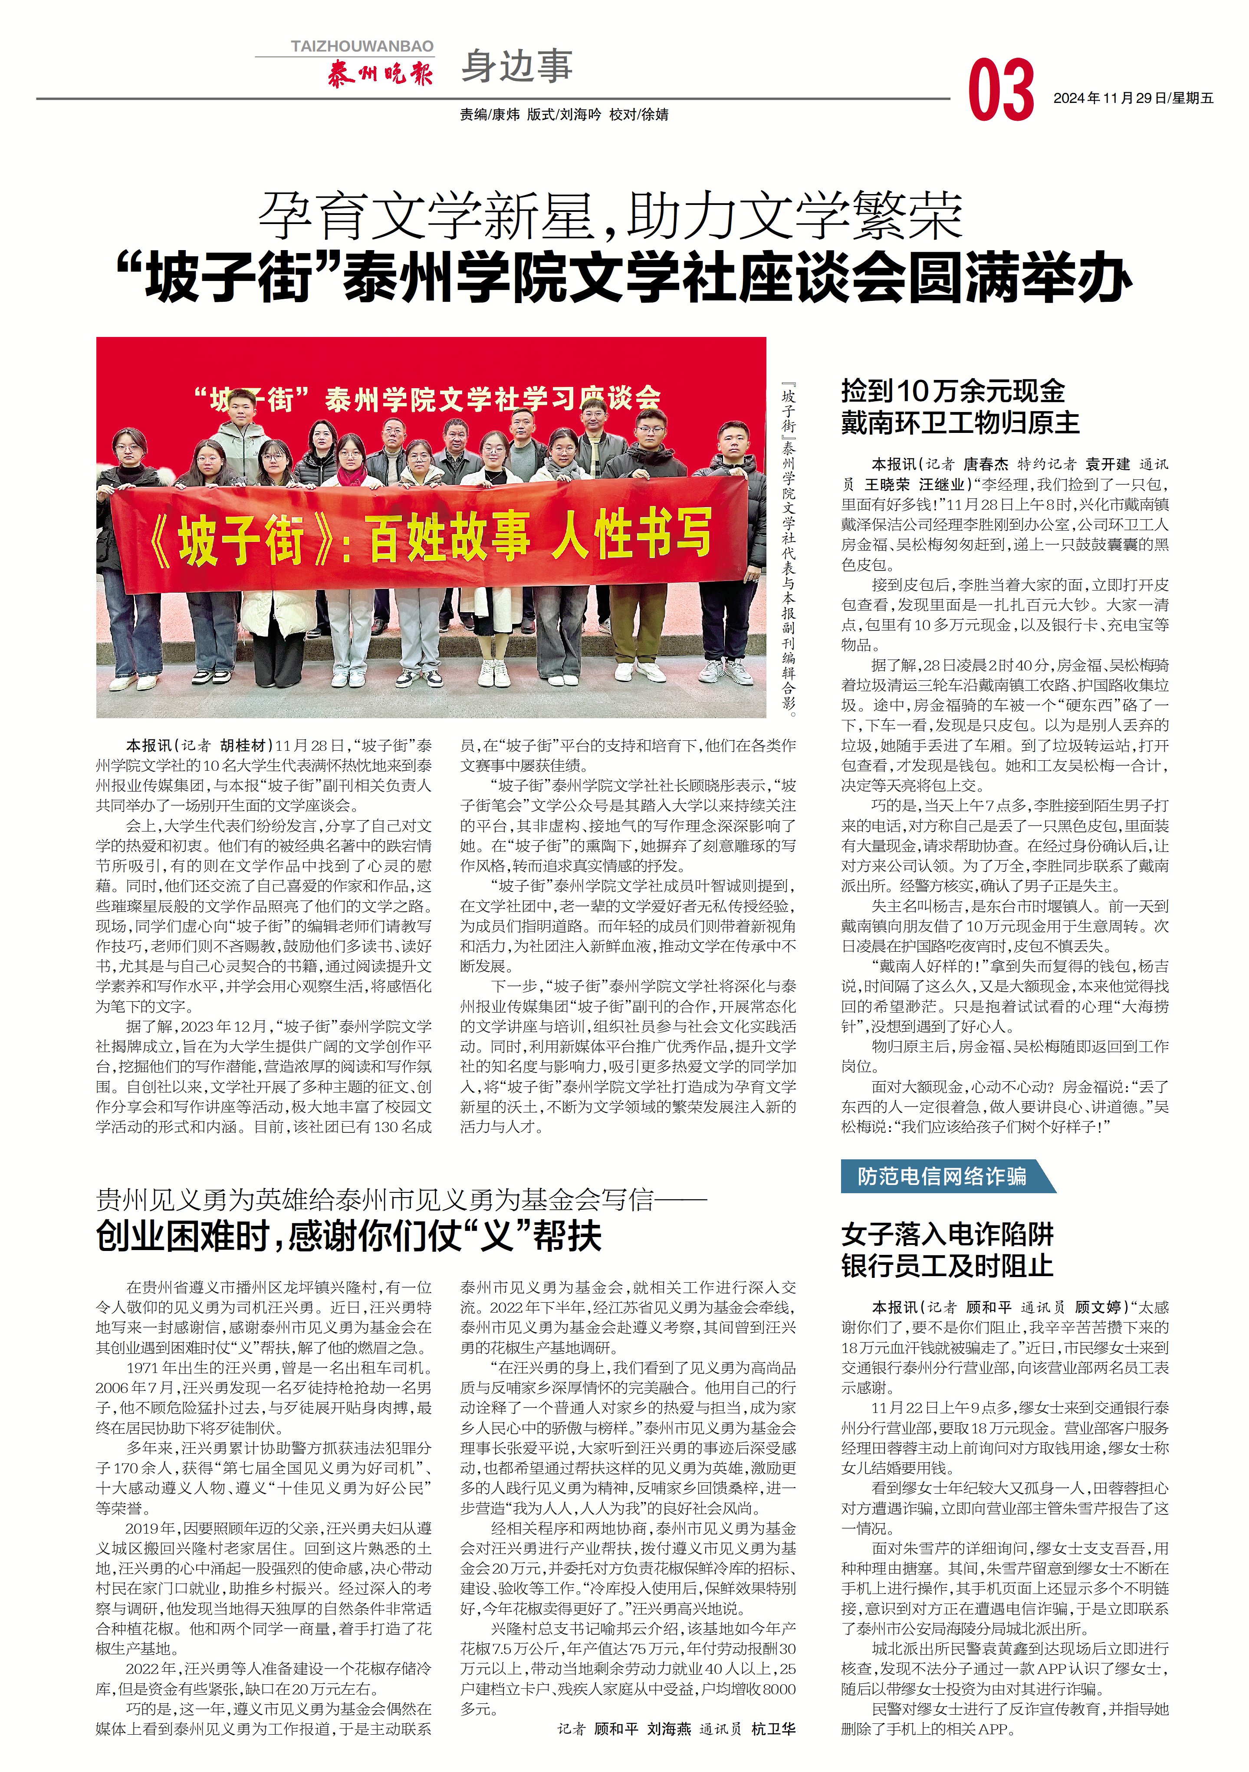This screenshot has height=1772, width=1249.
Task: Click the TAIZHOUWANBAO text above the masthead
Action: pos(362,46)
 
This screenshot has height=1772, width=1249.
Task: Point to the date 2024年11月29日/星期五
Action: pos(1133,98)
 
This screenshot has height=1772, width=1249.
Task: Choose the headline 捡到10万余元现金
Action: pos(953,391)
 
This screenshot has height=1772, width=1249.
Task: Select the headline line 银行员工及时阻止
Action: pos(947,1267)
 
